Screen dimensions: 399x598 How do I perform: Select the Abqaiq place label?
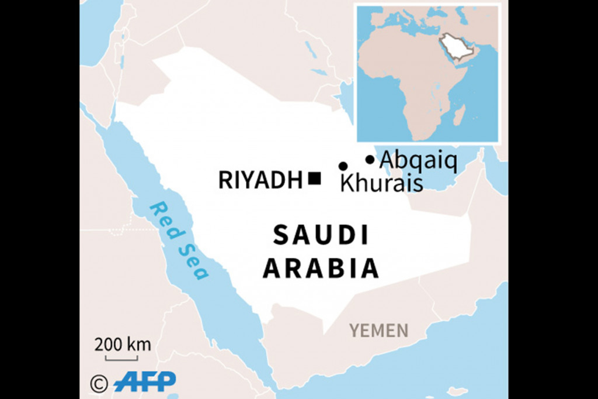(x=418, y=159)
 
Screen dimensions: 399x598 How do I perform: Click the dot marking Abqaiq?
(x=370, y=159)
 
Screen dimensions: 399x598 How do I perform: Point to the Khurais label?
(x=381, y=183)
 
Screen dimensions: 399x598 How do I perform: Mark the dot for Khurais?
(x=343, y=166)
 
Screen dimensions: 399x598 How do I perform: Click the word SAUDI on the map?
(x=321, y=235)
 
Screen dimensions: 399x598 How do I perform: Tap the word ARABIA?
(x=321, y=269)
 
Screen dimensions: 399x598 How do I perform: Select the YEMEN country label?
(x=379, y=331)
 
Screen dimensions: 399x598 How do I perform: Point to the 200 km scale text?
(x=123, y=344)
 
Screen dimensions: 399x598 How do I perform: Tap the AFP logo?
(x=145, y=382)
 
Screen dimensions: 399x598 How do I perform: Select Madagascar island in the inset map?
(x=459, y=114)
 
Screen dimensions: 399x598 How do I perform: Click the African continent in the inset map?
(x=403, y=76)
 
